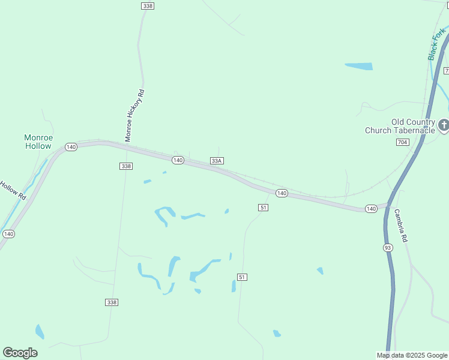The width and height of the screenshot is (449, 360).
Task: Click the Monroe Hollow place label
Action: click(x=38, y=142)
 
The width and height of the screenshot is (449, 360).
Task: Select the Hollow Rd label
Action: click(x=12, y=190)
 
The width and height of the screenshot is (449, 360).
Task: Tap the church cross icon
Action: click(x=444, y=125)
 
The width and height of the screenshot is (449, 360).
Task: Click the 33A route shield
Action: click(x=217, y=160)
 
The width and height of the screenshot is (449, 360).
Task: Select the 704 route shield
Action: click(x=403, y=142)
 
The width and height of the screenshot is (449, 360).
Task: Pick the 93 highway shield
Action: click(x=388, y=248)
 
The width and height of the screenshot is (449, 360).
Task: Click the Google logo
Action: click(x=20, y=353)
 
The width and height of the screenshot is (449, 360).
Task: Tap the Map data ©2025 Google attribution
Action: click(x=411, y=355)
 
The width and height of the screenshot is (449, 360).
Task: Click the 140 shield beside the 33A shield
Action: click(x=178, y=160)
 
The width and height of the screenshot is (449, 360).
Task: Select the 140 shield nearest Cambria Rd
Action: click(x=370, y=209)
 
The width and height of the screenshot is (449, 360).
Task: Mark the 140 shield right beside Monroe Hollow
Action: click(x=71, y=147)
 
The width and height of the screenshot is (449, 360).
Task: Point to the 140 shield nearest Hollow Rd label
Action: click(x=8, y=233)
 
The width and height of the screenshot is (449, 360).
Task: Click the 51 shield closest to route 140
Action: click(x=263, y=207)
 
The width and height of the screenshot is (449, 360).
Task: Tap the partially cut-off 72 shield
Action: click(x=447, y=71)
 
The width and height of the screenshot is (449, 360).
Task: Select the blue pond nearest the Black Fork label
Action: click(x=359, y=66)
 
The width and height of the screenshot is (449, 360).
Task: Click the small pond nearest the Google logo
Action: click(x=40, y=331)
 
